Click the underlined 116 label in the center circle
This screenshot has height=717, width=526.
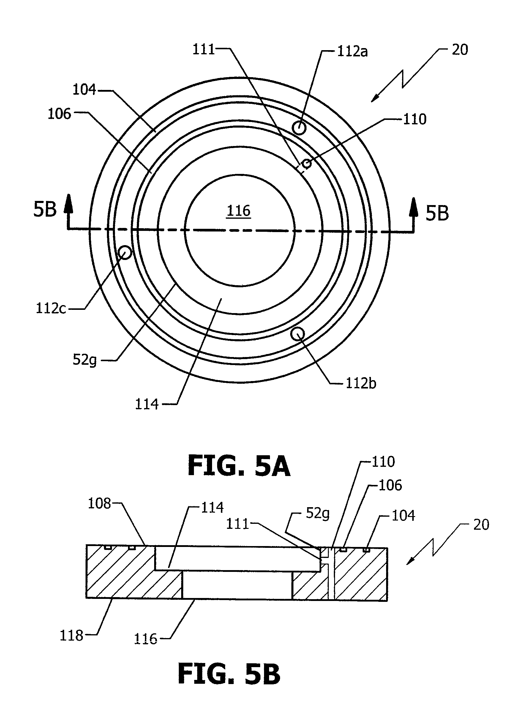tap(238, 211)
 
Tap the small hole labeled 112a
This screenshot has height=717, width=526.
tap(299, 128)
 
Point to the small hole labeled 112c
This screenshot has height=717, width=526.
tap(125, 253)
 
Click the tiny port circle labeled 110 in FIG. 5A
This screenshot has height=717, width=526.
tap(307, 164)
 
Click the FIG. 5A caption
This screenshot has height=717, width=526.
tap(239, 465)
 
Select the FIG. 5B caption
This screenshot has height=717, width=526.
tap(229, 674)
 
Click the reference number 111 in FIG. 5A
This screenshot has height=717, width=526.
tap(203, 49)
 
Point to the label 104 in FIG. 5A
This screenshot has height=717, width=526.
tap(84, 90)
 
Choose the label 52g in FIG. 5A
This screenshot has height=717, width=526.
tap(84, 360)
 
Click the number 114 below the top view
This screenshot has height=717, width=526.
tap(147, 404)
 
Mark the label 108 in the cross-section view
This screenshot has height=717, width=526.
tap(99, 504)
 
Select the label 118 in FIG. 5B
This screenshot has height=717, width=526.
tap(71, 636)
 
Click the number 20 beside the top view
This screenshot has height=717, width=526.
tap(460, 50)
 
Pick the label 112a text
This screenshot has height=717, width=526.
tap(353, 52)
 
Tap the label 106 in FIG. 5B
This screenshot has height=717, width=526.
tap(390, 486)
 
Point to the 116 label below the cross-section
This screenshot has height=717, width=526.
tap(146, 639)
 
